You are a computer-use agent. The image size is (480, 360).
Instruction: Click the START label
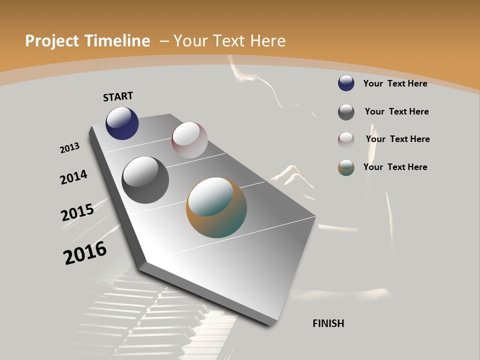click(x=118, y=96)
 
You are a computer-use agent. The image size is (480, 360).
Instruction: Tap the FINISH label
click(x=328, y=323)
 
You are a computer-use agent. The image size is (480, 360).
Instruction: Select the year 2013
click(x=69, y=148)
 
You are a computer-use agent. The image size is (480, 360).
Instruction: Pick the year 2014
click(x=73, y=177)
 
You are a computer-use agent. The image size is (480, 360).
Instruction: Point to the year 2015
click(x=77, y=212)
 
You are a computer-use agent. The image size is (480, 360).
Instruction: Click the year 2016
click(x=85, y=252)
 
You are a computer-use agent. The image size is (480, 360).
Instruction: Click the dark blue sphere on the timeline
click(x=122, y=123)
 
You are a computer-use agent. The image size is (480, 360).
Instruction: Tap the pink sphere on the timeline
click(x=189, y=140)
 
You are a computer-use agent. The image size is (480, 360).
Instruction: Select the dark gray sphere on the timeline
click(x=145, y=180)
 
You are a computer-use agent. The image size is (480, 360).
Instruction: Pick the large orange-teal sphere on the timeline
click(x=216, y=207)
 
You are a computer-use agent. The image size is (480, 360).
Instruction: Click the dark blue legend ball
click(x=346, y=83)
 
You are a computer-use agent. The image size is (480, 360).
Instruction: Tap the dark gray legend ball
click(x=346, y=112)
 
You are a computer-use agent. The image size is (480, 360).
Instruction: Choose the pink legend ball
click(x=346, y=140)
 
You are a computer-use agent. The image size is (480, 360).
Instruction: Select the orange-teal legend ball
click(x=346, y=167)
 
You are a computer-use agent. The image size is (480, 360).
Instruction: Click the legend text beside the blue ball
click(x=395, y=83)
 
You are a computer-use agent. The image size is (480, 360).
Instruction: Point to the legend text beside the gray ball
click(x=396, y=111)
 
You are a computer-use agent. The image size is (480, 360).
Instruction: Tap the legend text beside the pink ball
click(x=397, y=139)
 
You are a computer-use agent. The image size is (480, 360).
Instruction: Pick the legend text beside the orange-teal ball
click(x=395, y=167)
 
